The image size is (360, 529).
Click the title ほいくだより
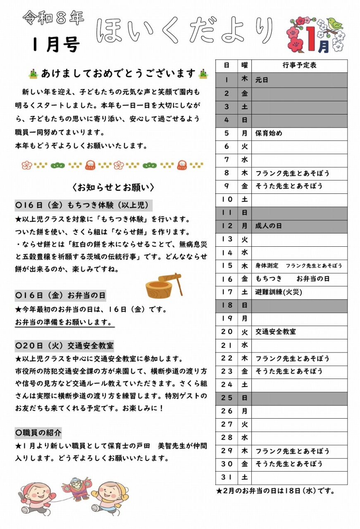185,31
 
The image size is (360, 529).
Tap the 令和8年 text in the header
53,18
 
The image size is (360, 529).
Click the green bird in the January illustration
335,24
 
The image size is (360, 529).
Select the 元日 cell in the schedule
262,80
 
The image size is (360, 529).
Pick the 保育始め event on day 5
269,133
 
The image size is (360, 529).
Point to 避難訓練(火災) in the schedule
279,292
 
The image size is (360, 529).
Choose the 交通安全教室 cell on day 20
276,332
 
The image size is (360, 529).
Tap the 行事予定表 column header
300,66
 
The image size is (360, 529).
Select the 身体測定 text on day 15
267,266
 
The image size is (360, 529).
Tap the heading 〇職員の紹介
38,433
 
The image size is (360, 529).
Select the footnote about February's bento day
275,491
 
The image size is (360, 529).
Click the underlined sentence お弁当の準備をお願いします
64,322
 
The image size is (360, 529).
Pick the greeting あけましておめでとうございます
118,74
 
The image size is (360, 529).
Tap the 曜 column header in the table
244,66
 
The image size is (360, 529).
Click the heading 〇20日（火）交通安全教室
64,345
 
